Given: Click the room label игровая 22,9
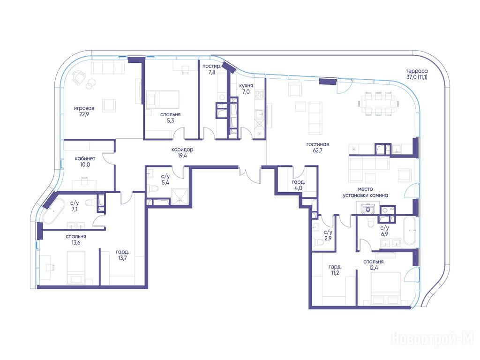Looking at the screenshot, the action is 84,111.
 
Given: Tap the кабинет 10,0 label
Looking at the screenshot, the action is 85,162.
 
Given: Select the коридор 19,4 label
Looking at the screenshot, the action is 182,152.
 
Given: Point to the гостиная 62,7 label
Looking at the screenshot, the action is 317,147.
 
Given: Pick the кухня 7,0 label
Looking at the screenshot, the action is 246,89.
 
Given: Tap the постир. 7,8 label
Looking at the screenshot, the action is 211,69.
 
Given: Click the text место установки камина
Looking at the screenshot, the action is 365,192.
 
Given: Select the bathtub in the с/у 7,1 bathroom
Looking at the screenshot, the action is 53,211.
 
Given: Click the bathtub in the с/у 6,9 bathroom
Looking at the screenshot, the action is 409,231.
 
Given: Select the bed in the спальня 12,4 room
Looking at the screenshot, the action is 386,288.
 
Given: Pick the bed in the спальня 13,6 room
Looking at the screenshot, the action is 76,268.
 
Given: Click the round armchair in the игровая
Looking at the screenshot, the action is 79,77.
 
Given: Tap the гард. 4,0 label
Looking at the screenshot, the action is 298,185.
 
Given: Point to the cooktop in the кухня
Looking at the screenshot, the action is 259,94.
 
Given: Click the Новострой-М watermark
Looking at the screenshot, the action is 433,338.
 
